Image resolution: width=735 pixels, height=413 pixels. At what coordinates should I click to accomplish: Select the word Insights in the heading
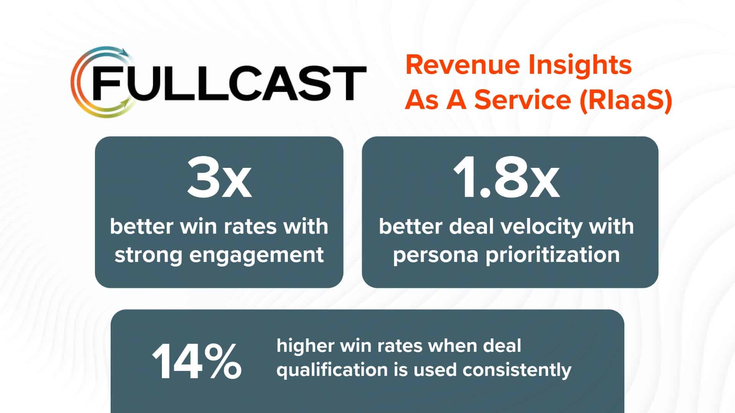pyautogui.click(x=580, y=66)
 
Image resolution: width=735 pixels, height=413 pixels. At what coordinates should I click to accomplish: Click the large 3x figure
pyautogui.click(x=219, y=179)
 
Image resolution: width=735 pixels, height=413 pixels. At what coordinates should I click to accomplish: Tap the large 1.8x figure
pyautogui.click(x=506, y=179)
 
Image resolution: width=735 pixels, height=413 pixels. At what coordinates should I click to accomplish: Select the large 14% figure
pyautogui.click(x=197, y=361)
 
